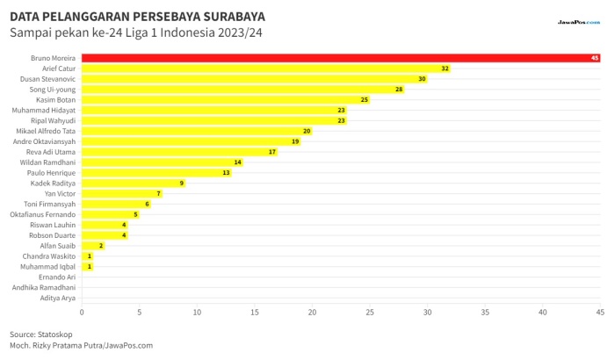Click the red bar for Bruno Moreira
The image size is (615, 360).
(x=341, y=58)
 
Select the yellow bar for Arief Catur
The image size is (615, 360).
(x=266, y=68)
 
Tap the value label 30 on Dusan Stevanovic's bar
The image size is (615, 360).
(x=422, y=79)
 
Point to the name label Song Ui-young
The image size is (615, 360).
(x=53, y=90)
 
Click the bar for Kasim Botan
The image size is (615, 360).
(x=226, y=99)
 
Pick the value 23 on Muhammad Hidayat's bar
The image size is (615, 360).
(x=341, y=111)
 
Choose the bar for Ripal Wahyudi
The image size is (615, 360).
(x=214, y=121)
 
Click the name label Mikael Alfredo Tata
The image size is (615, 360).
(x=46, y=131)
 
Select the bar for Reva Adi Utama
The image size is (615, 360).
(x=179, y=152)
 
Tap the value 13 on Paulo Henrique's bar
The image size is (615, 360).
(x=226, y=173)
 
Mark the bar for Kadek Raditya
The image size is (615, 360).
(x=134, y=184)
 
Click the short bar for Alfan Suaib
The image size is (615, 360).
(x=93, y=246)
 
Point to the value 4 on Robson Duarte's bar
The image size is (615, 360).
(x=124, y=235)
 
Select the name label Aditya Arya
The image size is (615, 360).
(x=58, y=298)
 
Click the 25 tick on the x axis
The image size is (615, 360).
(x=370, y=313)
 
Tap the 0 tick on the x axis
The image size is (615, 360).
(x=82, y=313)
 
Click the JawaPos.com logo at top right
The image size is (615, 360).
(x=579, y=22)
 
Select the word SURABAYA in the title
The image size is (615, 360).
(x=235, y=17)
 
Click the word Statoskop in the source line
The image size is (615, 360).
(x=54, y=335)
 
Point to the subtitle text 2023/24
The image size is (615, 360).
(x=240, y=32)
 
